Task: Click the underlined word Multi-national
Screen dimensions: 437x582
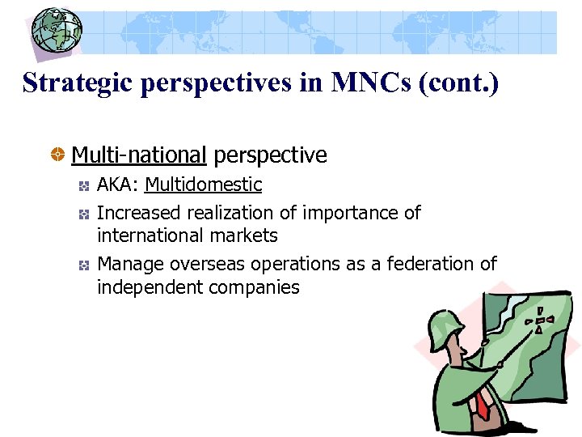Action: tap(139, 155)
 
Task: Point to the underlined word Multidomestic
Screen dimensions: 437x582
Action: tap(203, 185)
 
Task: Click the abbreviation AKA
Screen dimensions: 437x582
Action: tap(117, 185)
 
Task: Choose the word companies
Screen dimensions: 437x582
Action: tap(257, 286)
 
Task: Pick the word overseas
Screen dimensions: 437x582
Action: tap(206, 264)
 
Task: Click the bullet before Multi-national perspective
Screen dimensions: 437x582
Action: tap(58, 155)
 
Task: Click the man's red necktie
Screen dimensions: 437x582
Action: tap(483, 405)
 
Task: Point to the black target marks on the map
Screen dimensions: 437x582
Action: tap(539, 320)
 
